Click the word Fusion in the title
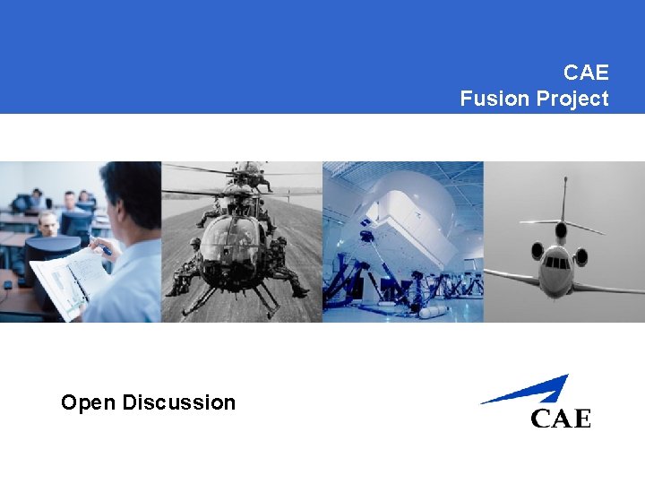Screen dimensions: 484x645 click(x=494, y=99)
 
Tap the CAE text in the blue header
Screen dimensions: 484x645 click(x=586, y=72)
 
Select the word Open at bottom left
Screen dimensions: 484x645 click(x=89, y=402)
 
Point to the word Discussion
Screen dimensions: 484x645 click(x=178, y=402)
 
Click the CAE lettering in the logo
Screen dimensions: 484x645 click(x=561, y=418)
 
